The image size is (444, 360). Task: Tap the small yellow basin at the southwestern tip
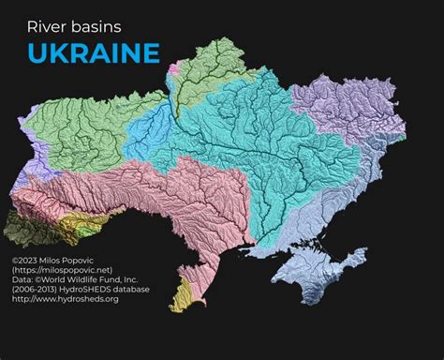coord(183,294)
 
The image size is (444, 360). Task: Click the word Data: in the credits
coord(22,280)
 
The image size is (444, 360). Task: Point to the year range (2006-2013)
coord(35,290)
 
